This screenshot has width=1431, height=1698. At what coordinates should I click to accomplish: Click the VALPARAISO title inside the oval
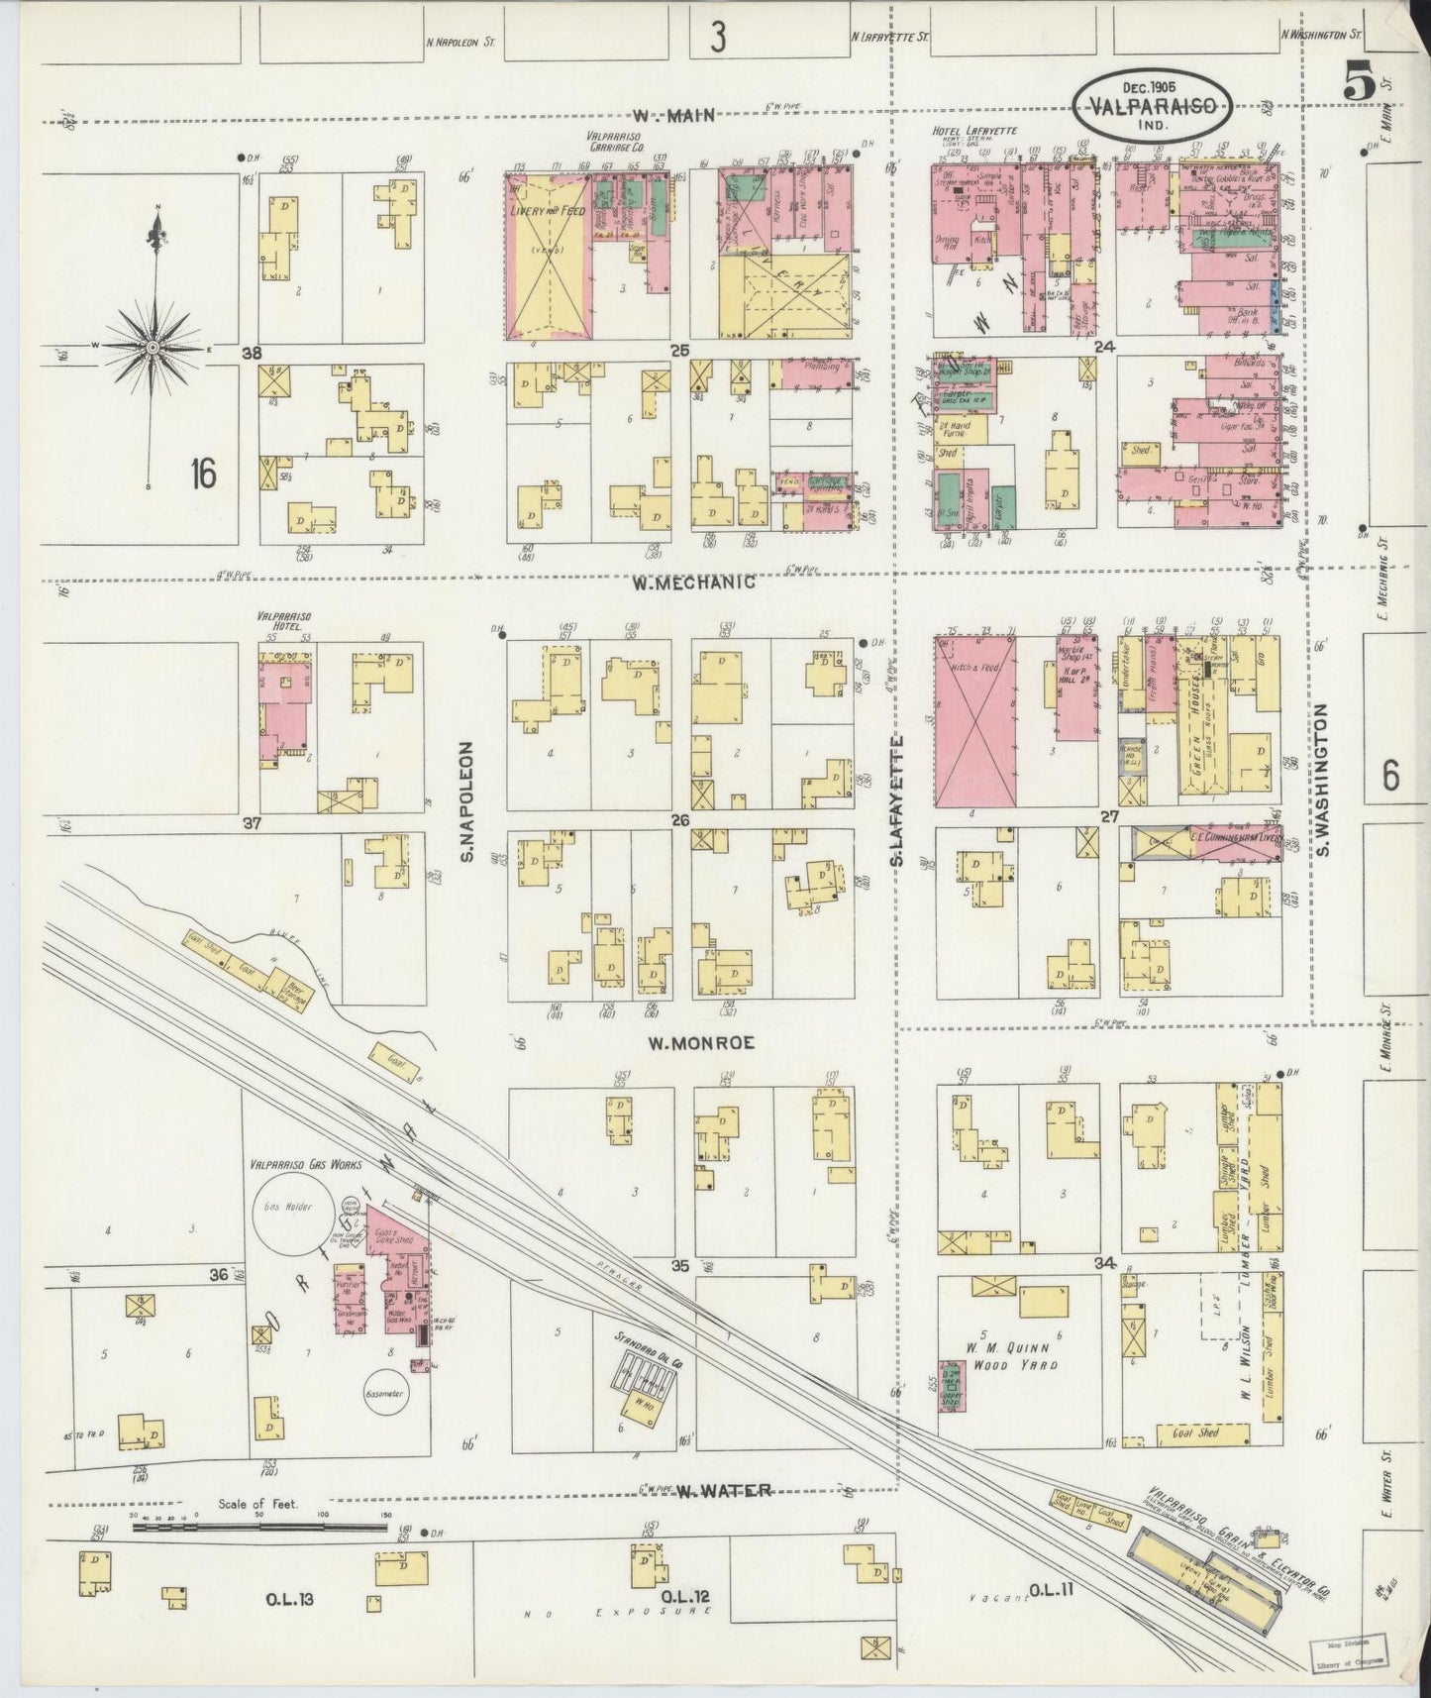click(1155, 106)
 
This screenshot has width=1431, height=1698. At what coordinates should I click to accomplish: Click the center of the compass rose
click(153, 348)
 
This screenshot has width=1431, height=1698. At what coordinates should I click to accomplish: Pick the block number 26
click(679, 819)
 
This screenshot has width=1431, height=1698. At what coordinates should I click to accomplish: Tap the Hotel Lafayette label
click(974, 132)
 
